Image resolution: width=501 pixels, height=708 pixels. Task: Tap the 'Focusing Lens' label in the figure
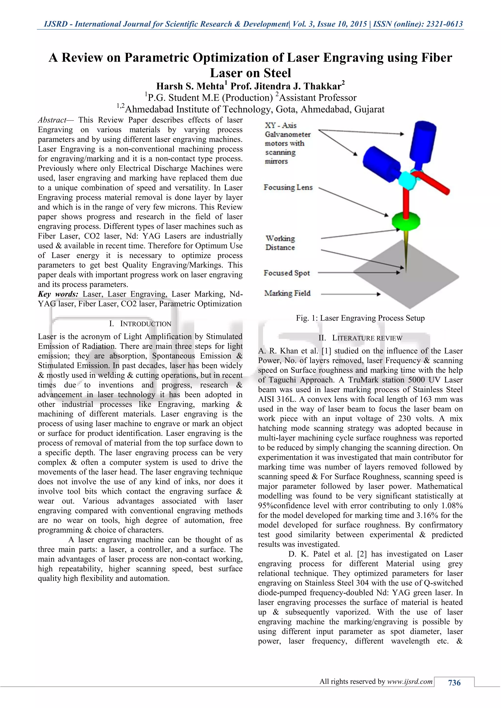[x=288, y=188]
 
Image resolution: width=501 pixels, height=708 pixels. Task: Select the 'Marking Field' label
[x=287, y=293]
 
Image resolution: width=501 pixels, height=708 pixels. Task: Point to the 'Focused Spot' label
[x=287, y=273]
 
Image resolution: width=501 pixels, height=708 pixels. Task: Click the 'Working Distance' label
[x=280, y=243]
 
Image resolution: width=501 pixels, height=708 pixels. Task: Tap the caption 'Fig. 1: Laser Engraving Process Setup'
[x=360, y=318]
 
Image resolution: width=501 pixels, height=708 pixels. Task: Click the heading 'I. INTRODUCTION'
[x=140, y=324]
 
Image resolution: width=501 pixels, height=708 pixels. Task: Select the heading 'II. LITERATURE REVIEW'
[x=360, y=338]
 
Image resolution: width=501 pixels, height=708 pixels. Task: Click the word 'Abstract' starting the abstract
[x=52, y=120]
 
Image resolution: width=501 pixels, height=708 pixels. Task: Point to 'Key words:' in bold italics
[x=58, y=294]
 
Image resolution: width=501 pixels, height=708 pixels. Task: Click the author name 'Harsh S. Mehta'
[x=190, y=86]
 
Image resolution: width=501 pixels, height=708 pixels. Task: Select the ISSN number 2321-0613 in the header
[x=444, y=24]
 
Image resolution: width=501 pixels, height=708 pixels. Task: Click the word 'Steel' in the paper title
[x=277, y=73]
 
